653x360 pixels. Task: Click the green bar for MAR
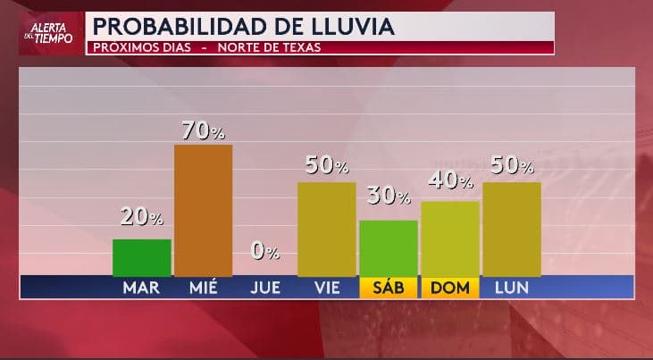tap(142, 258)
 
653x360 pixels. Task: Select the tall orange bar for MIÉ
tap(203, 211)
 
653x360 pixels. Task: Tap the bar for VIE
tap(326, 230)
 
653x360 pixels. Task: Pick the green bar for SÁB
tap(389, 248)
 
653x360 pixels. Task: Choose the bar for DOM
tap(450, 239)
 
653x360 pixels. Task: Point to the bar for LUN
tap(512, 230)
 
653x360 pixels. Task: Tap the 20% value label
tap(142, 216)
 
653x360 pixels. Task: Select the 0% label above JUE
tap(265, 252)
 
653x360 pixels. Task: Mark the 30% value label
tap(389, 196)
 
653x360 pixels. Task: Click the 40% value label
tap(451, 180)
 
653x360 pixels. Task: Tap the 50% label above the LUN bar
tap(513, 165)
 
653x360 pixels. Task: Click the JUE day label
tap(265, 288)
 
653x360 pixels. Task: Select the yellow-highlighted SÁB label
tap(389, 288)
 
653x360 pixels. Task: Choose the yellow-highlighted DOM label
tap(450, 288)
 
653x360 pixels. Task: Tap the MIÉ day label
tap(204, 288)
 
